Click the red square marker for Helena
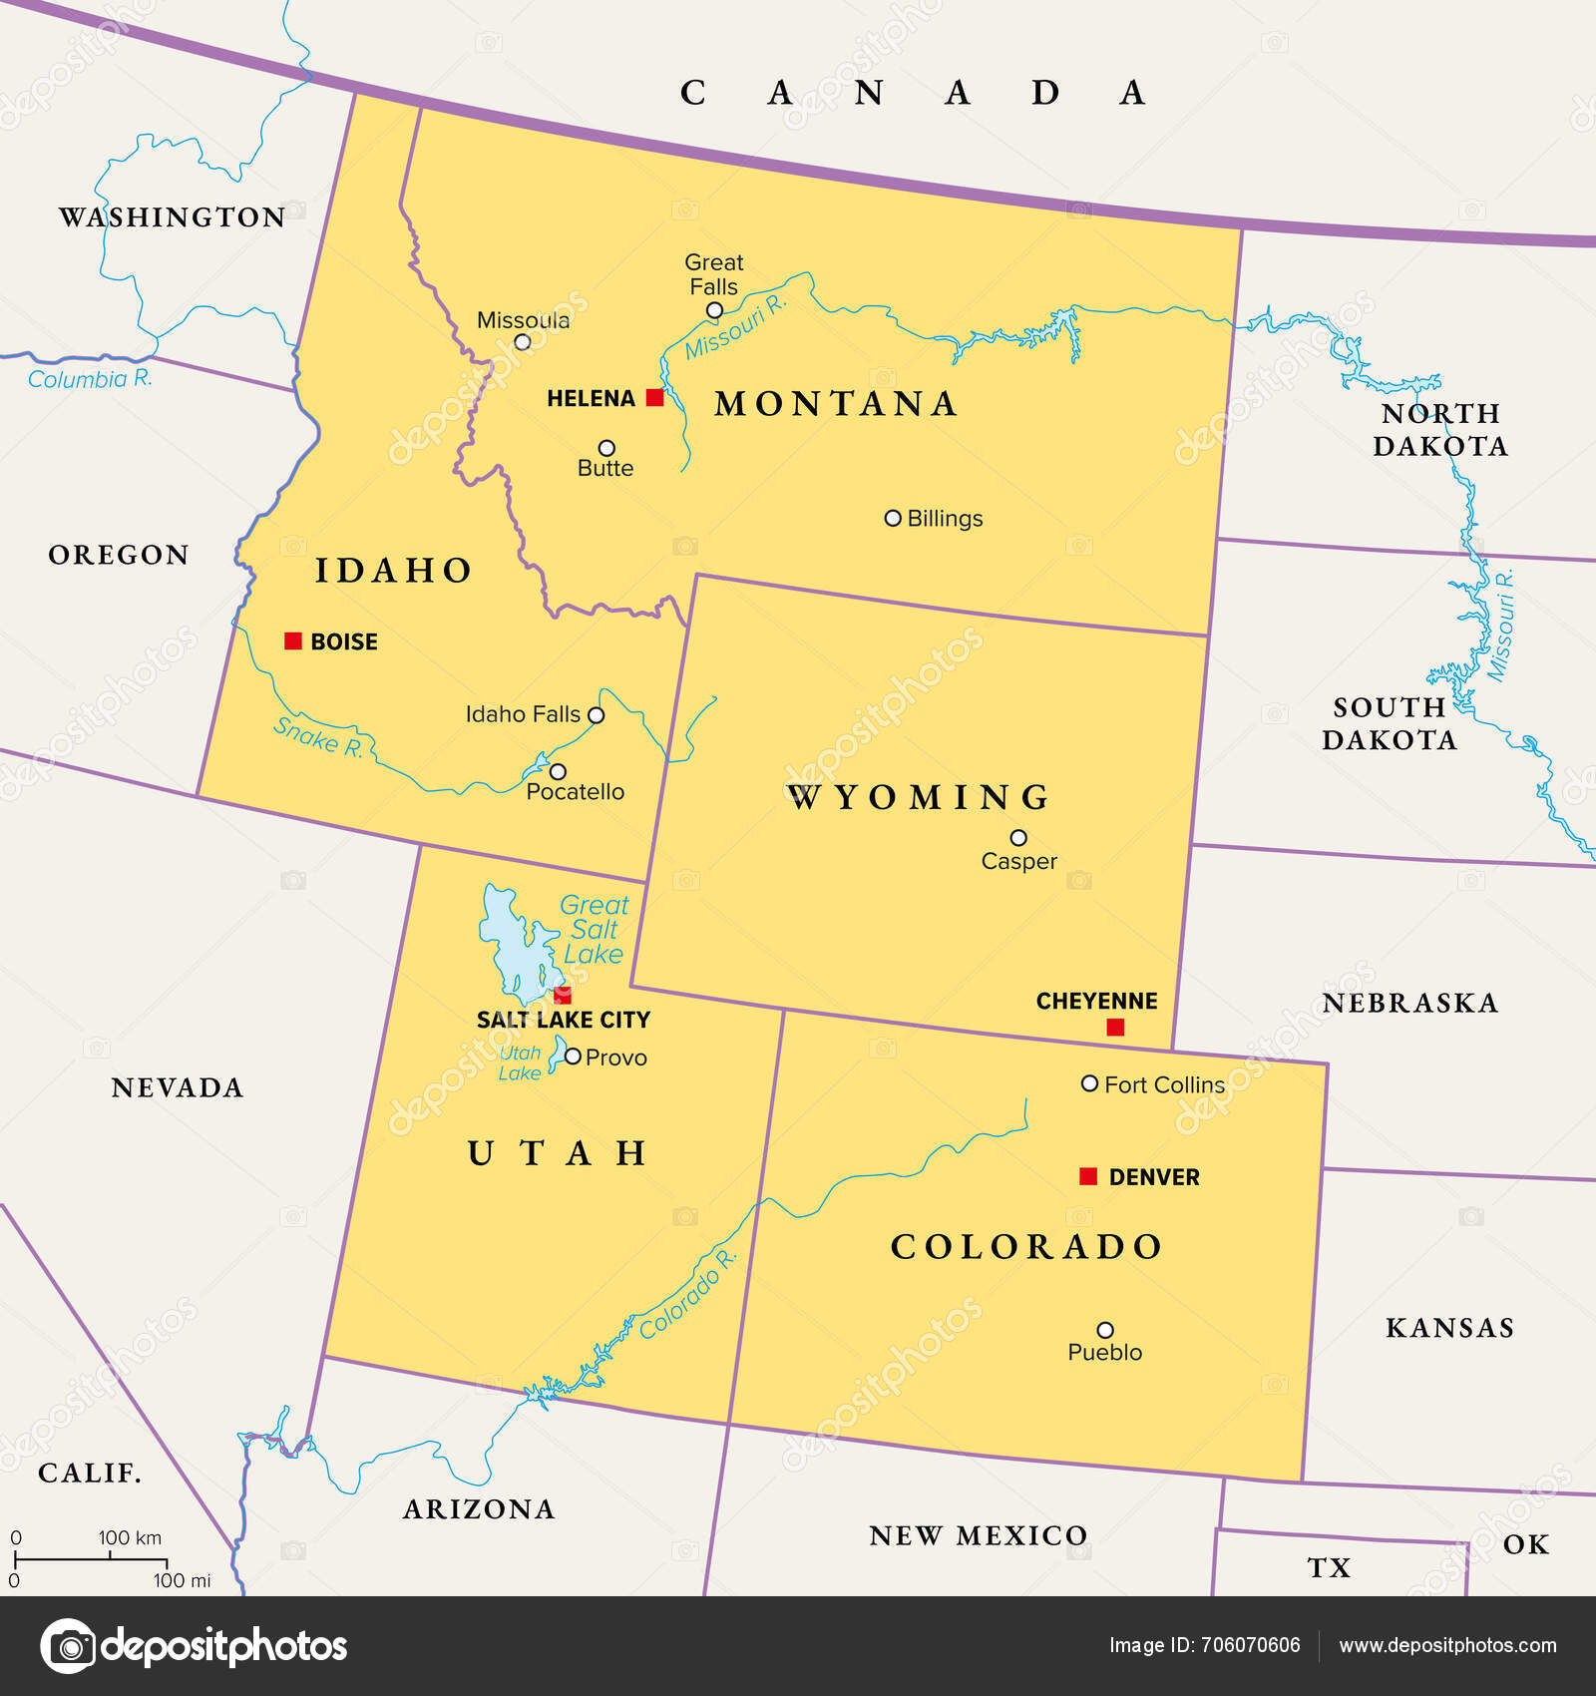tap(654, 398)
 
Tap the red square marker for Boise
tap(293, 641)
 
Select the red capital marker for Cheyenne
tap(1115, 1028)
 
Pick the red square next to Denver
tap(1088, 1176)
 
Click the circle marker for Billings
tap(893, 518)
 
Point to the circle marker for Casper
tap(1018, 838)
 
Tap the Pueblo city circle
tap(1105, 1330)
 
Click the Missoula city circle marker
tap(522, 342)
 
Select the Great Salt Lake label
tap(595, 930)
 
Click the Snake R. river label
tap(318, 737)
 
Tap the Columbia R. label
tap(90, 379)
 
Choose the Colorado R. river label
tap(688, 1294)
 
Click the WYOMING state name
tap(919, 797)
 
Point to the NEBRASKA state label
tap(1409, 1003)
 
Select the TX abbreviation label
tap(1329, 1568)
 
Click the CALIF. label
tap(90, 1473)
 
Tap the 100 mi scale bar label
tap(183, 1580)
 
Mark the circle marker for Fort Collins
tap(1090, 1083)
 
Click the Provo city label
tap(615, 1058)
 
